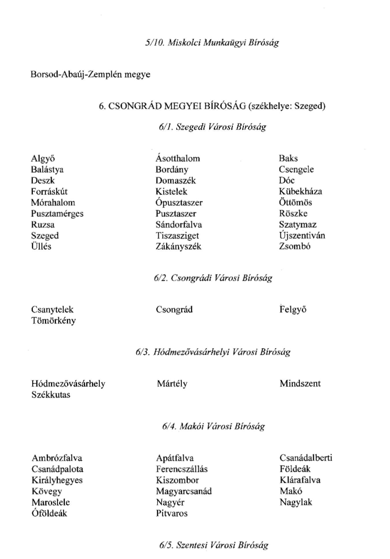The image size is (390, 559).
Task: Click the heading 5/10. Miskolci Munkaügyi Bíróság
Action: coord(212,43)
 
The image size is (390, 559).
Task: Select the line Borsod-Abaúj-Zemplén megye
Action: coord(90,74)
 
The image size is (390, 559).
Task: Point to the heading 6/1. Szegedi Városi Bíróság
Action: coord(212,127)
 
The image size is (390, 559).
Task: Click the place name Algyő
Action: coord(43,159)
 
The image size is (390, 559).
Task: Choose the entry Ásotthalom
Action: coord(178,158)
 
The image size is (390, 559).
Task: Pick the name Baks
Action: coord(288,158)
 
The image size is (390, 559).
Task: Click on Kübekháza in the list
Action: coord(300,191)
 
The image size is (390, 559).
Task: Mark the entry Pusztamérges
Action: coord(57,214)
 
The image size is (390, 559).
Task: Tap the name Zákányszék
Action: coord(178,246)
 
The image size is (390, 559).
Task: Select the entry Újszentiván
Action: coord(302,235)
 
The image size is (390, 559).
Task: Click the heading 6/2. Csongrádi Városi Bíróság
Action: coord(213,278)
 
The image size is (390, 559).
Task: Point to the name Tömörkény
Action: coord(53,321)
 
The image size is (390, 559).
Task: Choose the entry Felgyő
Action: coord(293,310)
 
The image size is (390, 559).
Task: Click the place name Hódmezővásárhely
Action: coord(68,384)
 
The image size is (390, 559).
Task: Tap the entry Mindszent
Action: coord(300,384)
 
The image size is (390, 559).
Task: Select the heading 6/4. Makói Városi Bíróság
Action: coord(213,426)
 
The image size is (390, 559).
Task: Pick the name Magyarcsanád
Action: coord(184,491)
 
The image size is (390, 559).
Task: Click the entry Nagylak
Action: coord(296,502)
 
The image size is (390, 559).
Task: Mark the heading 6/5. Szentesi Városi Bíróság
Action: coord(213,545)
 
